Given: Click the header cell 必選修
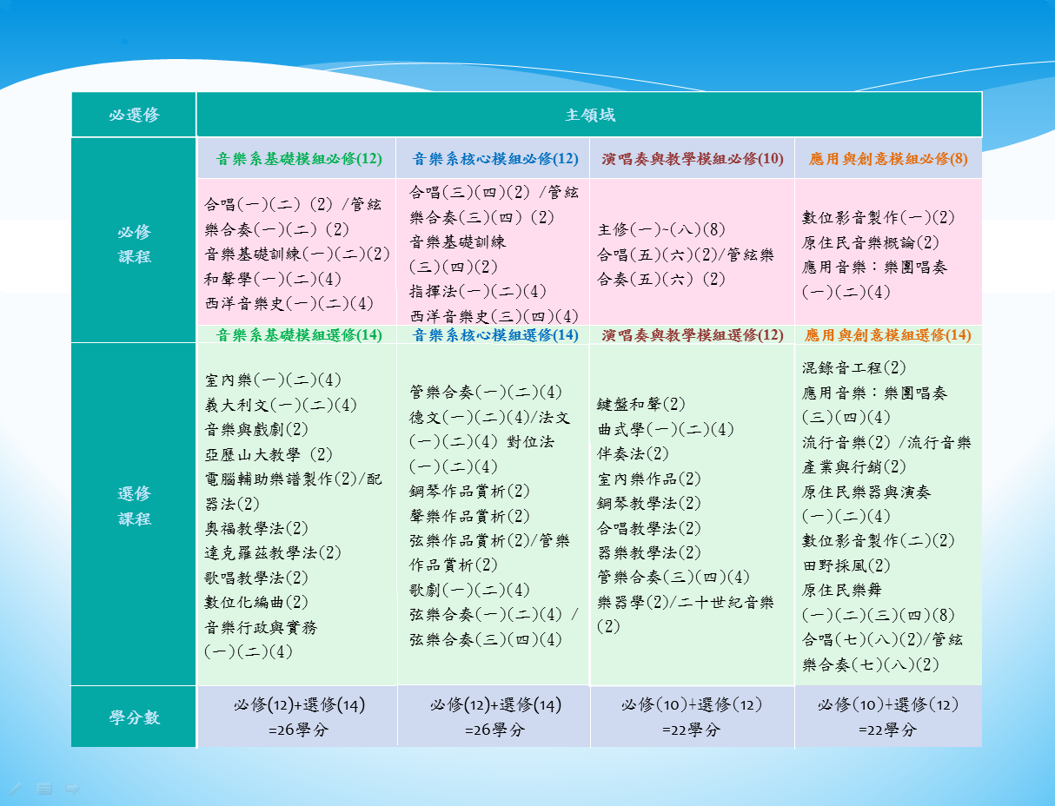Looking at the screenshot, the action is [134, 115].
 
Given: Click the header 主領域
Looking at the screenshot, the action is [590, 115].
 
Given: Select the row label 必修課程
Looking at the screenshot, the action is [134, 244].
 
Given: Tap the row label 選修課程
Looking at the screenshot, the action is [134, 505].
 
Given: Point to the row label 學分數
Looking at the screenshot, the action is [134, 717].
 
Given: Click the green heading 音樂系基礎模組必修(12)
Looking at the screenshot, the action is [299, 159].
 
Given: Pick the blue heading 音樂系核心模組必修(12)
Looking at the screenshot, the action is [495, 159].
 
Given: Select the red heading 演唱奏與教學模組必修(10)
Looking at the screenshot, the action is [693, 159].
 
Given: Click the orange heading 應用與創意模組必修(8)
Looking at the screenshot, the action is [888, 159].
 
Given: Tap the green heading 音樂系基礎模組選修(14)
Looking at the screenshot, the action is [299, 334].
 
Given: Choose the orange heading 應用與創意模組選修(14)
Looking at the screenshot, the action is [888, 334].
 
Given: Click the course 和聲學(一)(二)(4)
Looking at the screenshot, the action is [273, 279].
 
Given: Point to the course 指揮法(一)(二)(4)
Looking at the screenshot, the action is [478, 291].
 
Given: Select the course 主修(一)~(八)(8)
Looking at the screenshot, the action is [660, 229].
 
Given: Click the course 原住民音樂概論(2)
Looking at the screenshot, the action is [871, 242].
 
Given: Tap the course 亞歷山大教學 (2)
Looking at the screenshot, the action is [269, 454].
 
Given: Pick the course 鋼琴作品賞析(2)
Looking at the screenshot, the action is [469, 491].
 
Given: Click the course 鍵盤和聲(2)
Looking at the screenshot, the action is [640, 404].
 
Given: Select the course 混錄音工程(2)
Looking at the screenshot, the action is [853, 367].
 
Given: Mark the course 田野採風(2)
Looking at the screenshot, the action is [846, 565].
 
